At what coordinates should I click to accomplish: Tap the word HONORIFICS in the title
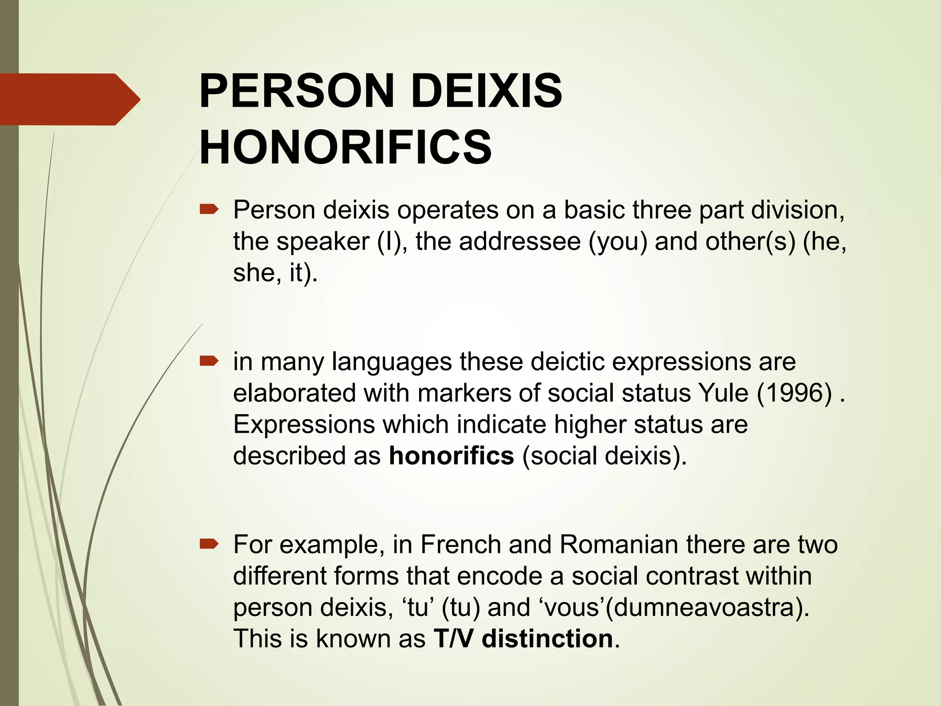[346, 147]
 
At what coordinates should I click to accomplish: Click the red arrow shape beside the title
[69, 99]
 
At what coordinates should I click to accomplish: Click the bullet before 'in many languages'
[209, 362]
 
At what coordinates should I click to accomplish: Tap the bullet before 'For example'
[209, 545]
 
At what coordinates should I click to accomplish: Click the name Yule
[723, 393]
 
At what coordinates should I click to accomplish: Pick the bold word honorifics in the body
[451, 456]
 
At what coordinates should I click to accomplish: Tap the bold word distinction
[547, 639]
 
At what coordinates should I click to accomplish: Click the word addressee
[520, 242]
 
